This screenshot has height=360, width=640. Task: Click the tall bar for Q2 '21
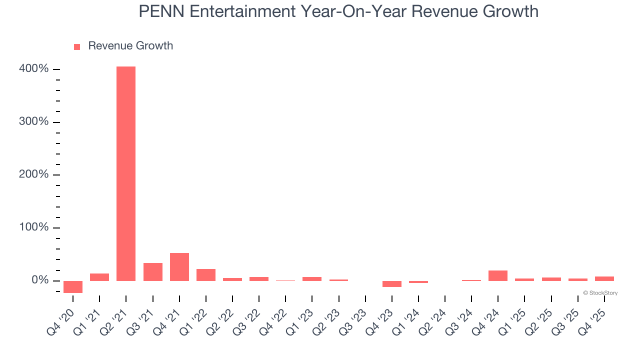click(x=126, y=173)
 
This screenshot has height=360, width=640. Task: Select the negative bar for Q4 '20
click(x=73, y=286)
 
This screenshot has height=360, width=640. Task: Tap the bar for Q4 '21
click(x=179, y=267)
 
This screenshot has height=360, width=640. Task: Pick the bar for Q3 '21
click(x=153, y=271)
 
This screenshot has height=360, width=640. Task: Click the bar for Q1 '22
click(x=206, y=275)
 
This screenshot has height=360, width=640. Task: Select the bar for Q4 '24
click(x=498, y=275)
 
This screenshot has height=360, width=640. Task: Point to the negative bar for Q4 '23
click(x=392, y=283)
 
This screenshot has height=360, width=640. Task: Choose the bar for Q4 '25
click(x=604, y=278)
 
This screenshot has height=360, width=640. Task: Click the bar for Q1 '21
click(x=99, y=277)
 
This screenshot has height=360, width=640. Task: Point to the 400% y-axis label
click(x=34, y=69)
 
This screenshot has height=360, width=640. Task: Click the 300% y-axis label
click(x=34, y=122)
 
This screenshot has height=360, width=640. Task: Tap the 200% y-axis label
click(x=34, y=174)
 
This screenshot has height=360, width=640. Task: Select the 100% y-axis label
click(x=34, y=227)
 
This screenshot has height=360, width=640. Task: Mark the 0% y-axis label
click(x=38, y=280)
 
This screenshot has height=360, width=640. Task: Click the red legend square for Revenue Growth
click(x=77, y=46)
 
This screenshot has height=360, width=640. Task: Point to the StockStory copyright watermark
click(x=600, y=293)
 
